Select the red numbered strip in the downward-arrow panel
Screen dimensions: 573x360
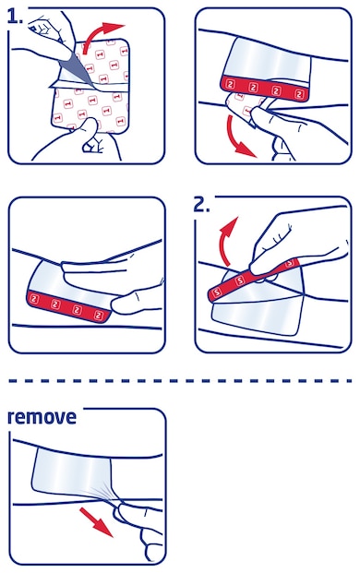pos(268,92)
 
